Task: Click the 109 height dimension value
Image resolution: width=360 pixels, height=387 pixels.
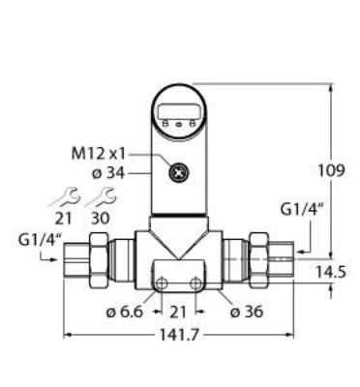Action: pos(331,170)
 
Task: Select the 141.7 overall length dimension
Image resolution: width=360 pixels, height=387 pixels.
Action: pos(178,336)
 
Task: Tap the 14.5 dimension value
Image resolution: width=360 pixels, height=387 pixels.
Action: pos(330,272)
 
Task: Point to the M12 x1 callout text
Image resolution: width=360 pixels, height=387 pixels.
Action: pos(98,154)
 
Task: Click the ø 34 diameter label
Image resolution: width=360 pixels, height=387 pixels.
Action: pos(108,174)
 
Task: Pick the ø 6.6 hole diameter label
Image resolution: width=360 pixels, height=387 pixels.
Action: pos(125,312)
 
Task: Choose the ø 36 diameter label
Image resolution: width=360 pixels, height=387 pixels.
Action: pos(247,312)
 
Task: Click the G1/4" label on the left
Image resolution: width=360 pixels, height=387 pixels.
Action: pos(40,241)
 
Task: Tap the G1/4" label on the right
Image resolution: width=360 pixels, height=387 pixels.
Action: pos(302,210)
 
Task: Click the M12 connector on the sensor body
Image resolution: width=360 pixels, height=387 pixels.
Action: pos(178,174)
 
